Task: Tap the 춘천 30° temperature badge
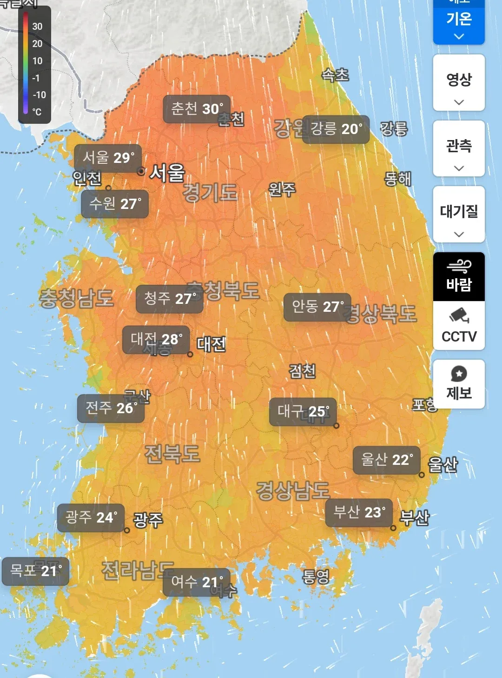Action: (x=197, y=109)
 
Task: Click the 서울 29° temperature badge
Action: (x=108, y=158)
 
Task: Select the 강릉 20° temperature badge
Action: (x=336, y=129)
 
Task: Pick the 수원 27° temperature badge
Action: (x=115, y=204)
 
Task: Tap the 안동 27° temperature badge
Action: (x=317, y=307)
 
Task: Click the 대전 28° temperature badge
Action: (x=156, y=339)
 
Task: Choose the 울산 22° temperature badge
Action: (x=386, y=460)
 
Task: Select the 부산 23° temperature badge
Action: (x=359, y=513)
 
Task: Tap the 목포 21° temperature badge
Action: (x=35, y=571)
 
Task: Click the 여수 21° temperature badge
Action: (x=196, y=582)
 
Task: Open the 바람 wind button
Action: (x=459, y=276)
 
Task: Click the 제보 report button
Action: (x=459, y=384)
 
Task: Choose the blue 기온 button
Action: (x=459, y=23)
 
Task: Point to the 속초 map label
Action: (x=335, y=74)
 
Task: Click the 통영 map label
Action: (x=316, y=577)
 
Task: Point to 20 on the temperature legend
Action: (x=37, y=44)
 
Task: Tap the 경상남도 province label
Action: (x=292, y=490)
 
